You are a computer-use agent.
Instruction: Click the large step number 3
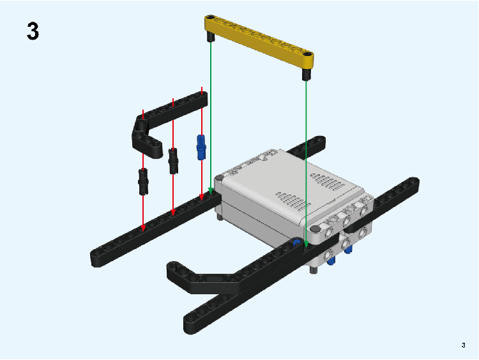coord(33,31)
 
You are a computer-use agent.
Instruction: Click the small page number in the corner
coord(464,345)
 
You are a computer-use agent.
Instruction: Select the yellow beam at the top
coord(259,41)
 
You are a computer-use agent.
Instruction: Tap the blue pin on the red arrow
coord(201,147)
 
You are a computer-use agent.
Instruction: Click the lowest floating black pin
coord(143,182)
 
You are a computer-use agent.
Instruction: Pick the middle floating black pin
coord(173,161)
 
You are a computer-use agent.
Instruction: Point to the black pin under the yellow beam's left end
coord(211,37)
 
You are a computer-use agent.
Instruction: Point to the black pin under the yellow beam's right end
coord(307,75)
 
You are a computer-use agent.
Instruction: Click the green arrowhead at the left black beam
coord(211,191)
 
